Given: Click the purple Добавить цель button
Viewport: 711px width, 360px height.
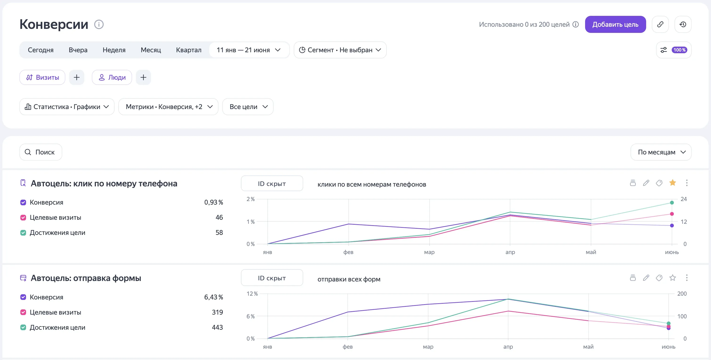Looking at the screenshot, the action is [615, 24].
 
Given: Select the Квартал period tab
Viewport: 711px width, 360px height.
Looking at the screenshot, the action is [188, 50].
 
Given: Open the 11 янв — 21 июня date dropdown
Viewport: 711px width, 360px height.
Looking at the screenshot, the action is [249, 50].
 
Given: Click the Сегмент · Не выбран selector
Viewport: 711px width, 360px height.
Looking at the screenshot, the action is [340, 50].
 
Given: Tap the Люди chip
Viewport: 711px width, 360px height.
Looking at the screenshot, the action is [112, 77].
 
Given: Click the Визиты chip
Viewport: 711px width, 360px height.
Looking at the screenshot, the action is [43, 77].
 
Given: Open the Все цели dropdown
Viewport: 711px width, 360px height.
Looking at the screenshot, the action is [248, 107].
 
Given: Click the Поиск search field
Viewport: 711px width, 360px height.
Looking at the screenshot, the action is [41, 152].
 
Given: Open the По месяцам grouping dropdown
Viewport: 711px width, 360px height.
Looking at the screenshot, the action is [661, 152].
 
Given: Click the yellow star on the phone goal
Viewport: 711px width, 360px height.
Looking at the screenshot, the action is [673, 183].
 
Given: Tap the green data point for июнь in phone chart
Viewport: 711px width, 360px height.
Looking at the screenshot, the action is [672, 203].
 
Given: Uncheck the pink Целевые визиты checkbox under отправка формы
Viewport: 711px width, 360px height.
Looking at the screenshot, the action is [23, 312].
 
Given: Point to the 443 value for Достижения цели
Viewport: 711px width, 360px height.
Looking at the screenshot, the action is [217, 327].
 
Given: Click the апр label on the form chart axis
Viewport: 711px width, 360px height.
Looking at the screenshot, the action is [508, 347].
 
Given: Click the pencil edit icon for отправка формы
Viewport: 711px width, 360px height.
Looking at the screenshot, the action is [646, 277].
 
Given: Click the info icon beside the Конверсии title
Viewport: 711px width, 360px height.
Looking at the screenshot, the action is [99, 24].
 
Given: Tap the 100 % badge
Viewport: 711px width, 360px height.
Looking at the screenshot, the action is [679, 50].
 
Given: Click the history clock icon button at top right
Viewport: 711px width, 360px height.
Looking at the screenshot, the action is [683, 24].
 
